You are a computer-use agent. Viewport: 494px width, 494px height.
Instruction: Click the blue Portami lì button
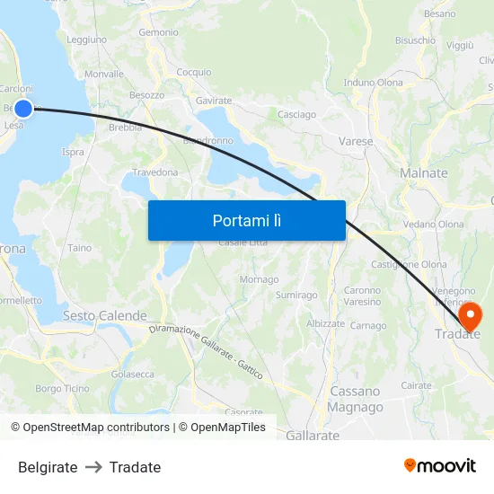pyautogui.click(x=246, y=220)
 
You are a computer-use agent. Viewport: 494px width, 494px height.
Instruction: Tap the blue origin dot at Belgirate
pyautogui.click(x=23, y=109)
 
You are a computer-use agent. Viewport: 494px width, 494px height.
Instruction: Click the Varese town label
pyautogui.click(x=356, y=141)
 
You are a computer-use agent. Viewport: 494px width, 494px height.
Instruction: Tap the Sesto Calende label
pyautogui.click(x=104, y=316)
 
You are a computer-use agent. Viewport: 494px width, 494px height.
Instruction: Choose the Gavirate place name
pyautogui.click(x=214, y=101)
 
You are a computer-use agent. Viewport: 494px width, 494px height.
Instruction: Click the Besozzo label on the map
pyautogui.click(x=147, y=94)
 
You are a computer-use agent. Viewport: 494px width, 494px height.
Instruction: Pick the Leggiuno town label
pyautogui.click(x=87, y=40)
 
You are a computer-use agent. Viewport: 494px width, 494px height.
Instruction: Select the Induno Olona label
pyautogui.click(x=374, y=83)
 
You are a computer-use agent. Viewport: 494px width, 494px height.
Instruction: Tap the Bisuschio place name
pyautogui.click(x=416, y=40)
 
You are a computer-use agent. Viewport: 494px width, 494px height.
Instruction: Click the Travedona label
pyautogui.click(x=155, y=172)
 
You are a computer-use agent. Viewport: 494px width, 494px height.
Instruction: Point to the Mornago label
pyautogui.click(x=259, y=279)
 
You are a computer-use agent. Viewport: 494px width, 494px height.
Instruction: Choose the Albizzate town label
pyautogui.click(x=325, y=323)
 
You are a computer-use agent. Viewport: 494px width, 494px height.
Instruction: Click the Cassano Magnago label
pyautogui.click(x=356, y=399)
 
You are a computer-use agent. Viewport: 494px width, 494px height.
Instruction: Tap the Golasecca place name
pyautogui.click(x=132, y=374)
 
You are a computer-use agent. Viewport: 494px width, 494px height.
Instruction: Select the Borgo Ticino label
pyautogui.click(x=62, y=389)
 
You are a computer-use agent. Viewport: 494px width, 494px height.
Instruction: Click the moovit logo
pyautogui.click(x=440, y=465)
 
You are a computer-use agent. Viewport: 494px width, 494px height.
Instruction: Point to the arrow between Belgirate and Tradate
pyautogui.click(x=93, y=467)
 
